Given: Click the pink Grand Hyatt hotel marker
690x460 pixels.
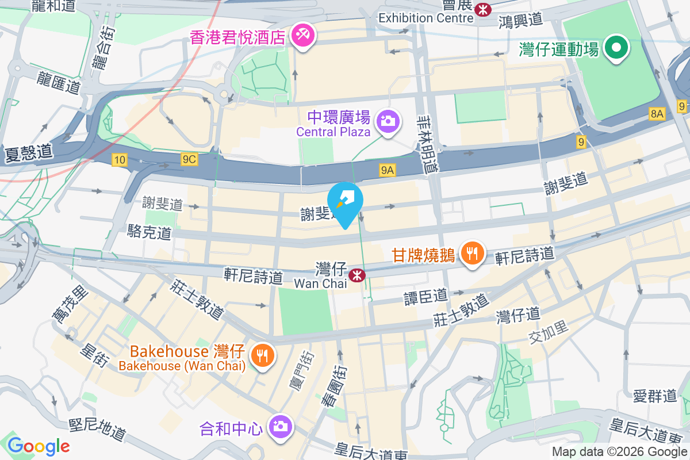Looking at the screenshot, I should point(301,35).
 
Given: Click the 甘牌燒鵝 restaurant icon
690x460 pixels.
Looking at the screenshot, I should point(473,254).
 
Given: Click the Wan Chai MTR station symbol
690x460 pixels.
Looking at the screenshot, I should point(358,275).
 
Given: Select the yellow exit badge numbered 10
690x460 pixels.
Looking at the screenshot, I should point(120,160).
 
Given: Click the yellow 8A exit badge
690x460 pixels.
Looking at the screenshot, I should point(657,114).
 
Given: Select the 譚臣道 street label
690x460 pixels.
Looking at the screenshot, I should point(425,296).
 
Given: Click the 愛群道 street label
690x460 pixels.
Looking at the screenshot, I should point(654,396).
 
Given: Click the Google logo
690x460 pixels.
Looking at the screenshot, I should point(39,446).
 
